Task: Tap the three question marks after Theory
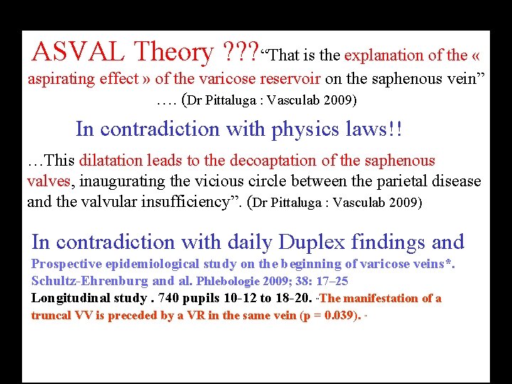(x=241, y=52)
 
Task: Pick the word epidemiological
(x=145, y=265)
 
